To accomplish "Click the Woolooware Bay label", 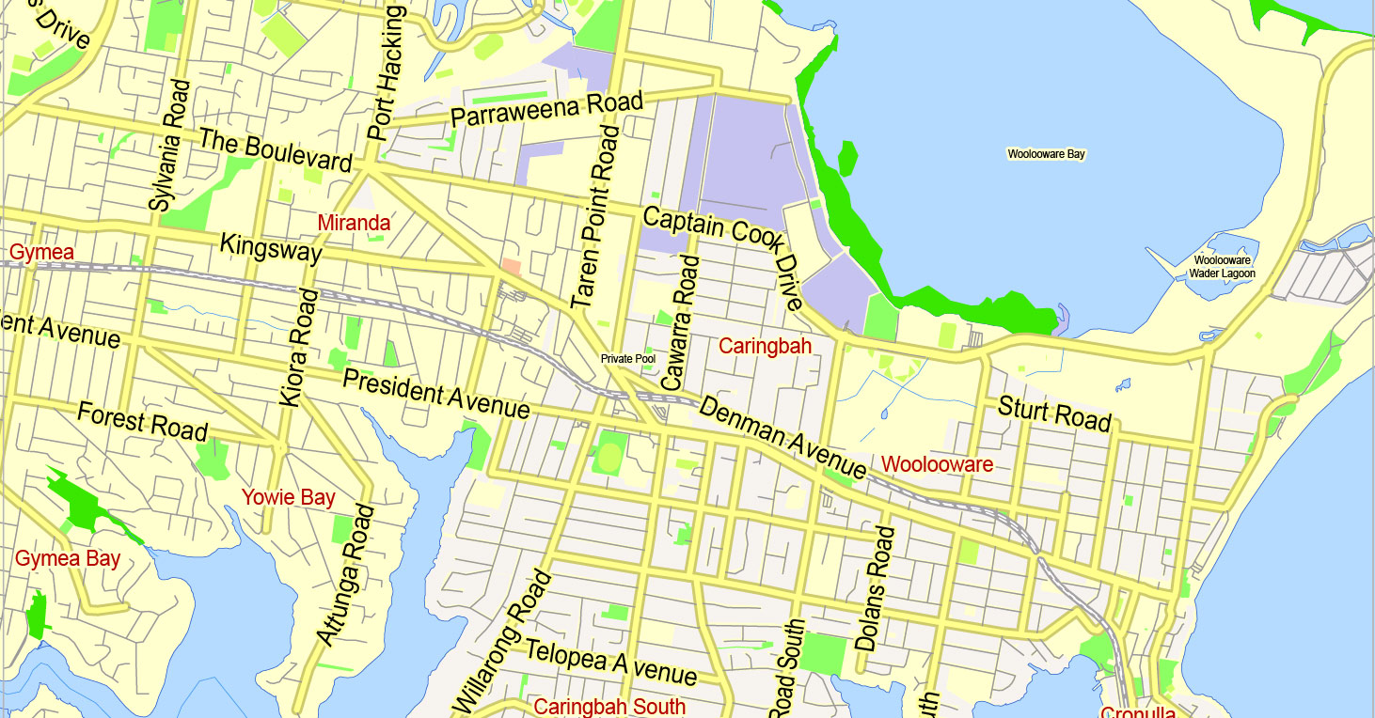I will pos(1046,154).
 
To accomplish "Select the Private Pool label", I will pos(628,359).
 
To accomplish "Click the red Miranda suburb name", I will pos(354,224).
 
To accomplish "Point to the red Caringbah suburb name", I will pos(765,347).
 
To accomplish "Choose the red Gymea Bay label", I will pos(67,559).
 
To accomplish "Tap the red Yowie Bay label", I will pos(288,498).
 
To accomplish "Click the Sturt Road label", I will pos(1054,414).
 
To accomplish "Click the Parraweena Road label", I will pos(546,110).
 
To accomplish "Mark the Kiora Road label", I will pos(299,348).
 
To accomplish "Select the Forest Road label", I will pos(142,421).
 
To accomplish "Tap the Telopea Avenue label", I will pos(610,662).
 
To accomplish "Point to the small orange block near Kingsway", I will pos(511,267).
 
